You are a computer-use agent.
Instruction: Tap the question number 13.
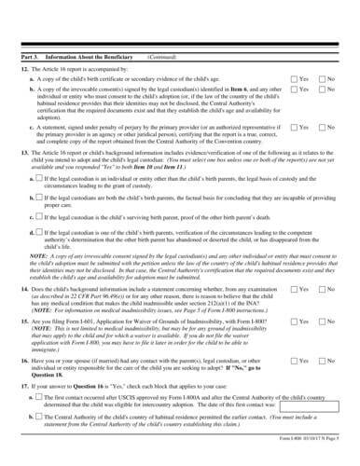click(x=22, y=149)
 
